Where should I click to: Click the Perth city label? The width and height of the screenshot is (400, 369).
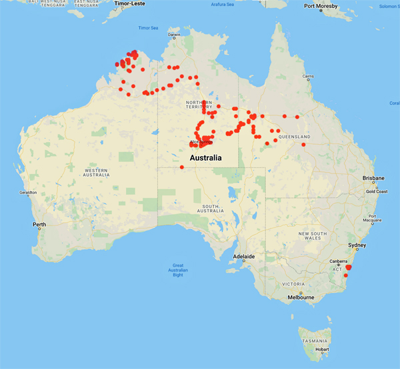pyautogui.click(x=39, y=224)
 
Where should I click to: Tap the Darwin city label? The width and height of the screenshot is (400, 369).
pyautogui.click(x=175, y=35)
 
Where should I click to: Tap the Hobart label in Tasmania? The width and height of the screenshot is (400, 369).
pyautogui.click(x=323, y=348)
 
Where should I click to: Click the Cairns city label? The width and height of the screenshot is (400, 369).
pyautogui.click(x=307, y=76)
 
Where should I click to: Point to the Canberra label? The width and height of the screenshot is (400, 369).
pyautogui.click(x=339, y=260)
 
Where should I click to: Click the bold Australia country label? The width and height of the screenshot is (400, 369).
pyautogui.click(x=205, y=157)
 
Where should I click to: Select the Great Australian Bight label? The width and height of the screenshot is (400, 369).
pyautogui.click(x=177, y=270)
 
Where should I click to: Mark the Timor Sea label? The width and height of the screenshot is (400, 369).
pyautogui.click(x=147, y=28)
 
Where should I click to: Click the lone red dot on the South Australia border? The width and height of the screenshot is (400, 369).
pyautogui.click(x=182, y=167)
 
